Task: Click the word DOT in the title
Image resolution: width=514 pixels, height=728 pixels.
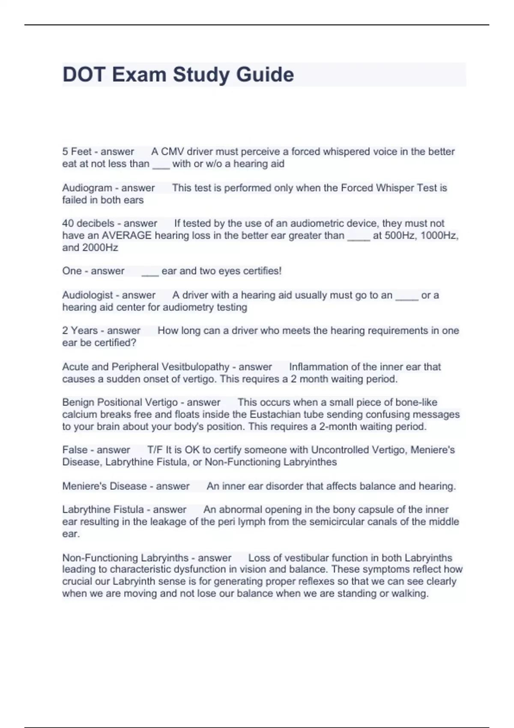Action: (84, 75)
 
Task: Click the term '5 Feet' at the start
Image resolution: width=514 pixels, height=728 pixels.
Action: (77, 152)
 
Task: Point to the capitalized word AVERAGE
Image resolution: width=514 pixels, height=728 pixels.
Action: (126, 236)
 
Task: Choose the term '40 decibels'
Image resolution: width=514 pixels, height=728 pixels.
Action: (88, 224)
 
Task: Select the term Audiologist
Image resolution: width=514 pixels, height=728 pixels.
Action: (87, 295)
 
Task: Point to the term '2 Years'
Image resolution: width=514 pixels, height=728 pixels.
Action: (80, 331)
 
